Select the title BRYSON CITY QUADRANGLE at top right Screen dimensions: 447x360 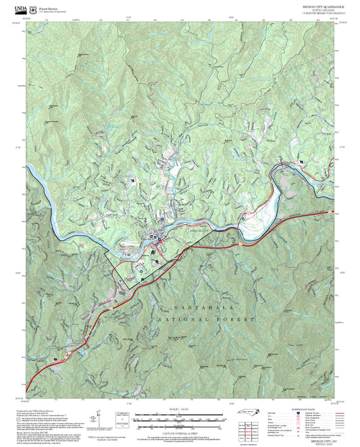click(x=313, y=5)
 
